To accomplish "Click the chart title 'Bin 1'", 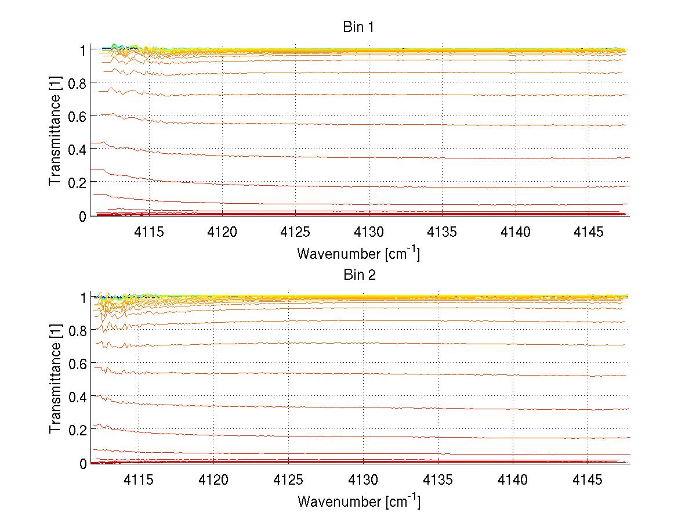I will (359, 27).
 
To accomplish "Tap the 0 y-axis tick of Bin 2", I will (82, 463).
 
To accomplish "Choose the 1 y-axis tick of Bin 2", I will (82, 297).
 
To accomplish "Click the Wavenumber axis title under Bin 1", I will (358, 253).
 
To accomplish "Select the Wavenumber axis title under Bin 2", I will (358, 501).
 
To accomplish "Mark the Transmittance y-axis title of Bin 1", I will (55, 132).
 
